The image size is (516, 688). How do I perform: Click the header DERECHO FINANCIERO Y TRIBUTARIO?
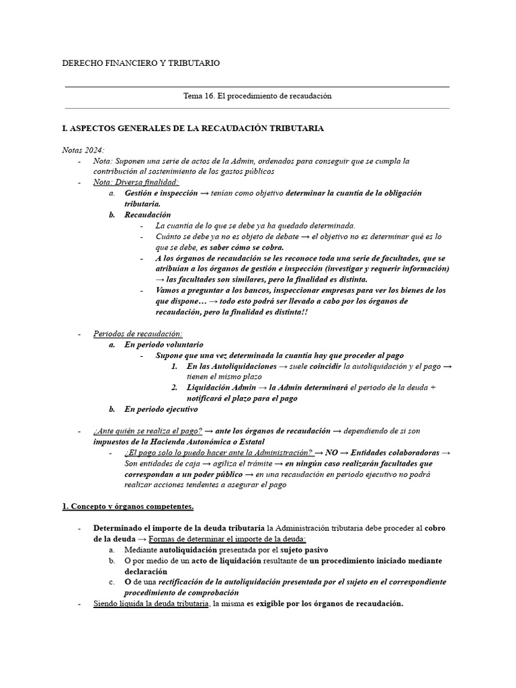coord(140,63)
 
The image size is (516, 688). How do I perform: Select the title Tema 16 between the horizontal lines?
coord(257,96)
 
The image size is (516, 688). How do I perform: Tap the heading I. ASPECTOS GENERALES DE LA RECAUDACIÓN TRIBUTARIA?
coord(192,128)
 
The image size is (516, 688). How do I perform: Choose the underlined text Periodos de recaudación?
coord(138,334)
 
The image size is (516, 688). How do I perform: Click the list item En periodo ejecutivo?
coord(161,409)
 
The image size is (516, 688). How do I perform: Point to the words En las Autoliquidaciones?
coord(231,366)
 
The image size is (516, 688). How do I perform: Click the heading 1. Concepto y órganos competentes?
coord(128,506)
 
